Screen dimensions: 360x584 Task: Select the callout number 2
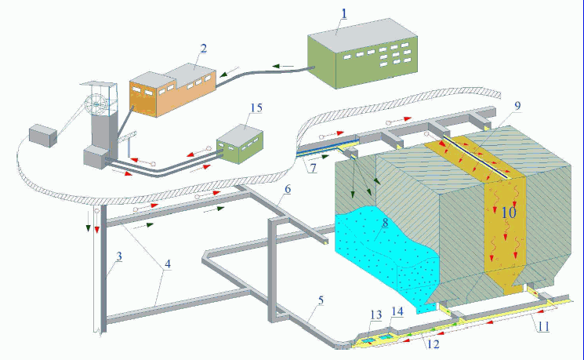203,49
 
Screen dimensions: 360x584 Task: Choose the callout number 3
119,257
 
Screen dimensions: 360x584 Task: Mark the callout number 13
376,315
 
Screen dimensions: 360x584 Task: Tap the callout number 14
397,311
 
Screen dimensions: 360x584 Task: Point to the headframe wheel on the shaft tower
99,103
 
